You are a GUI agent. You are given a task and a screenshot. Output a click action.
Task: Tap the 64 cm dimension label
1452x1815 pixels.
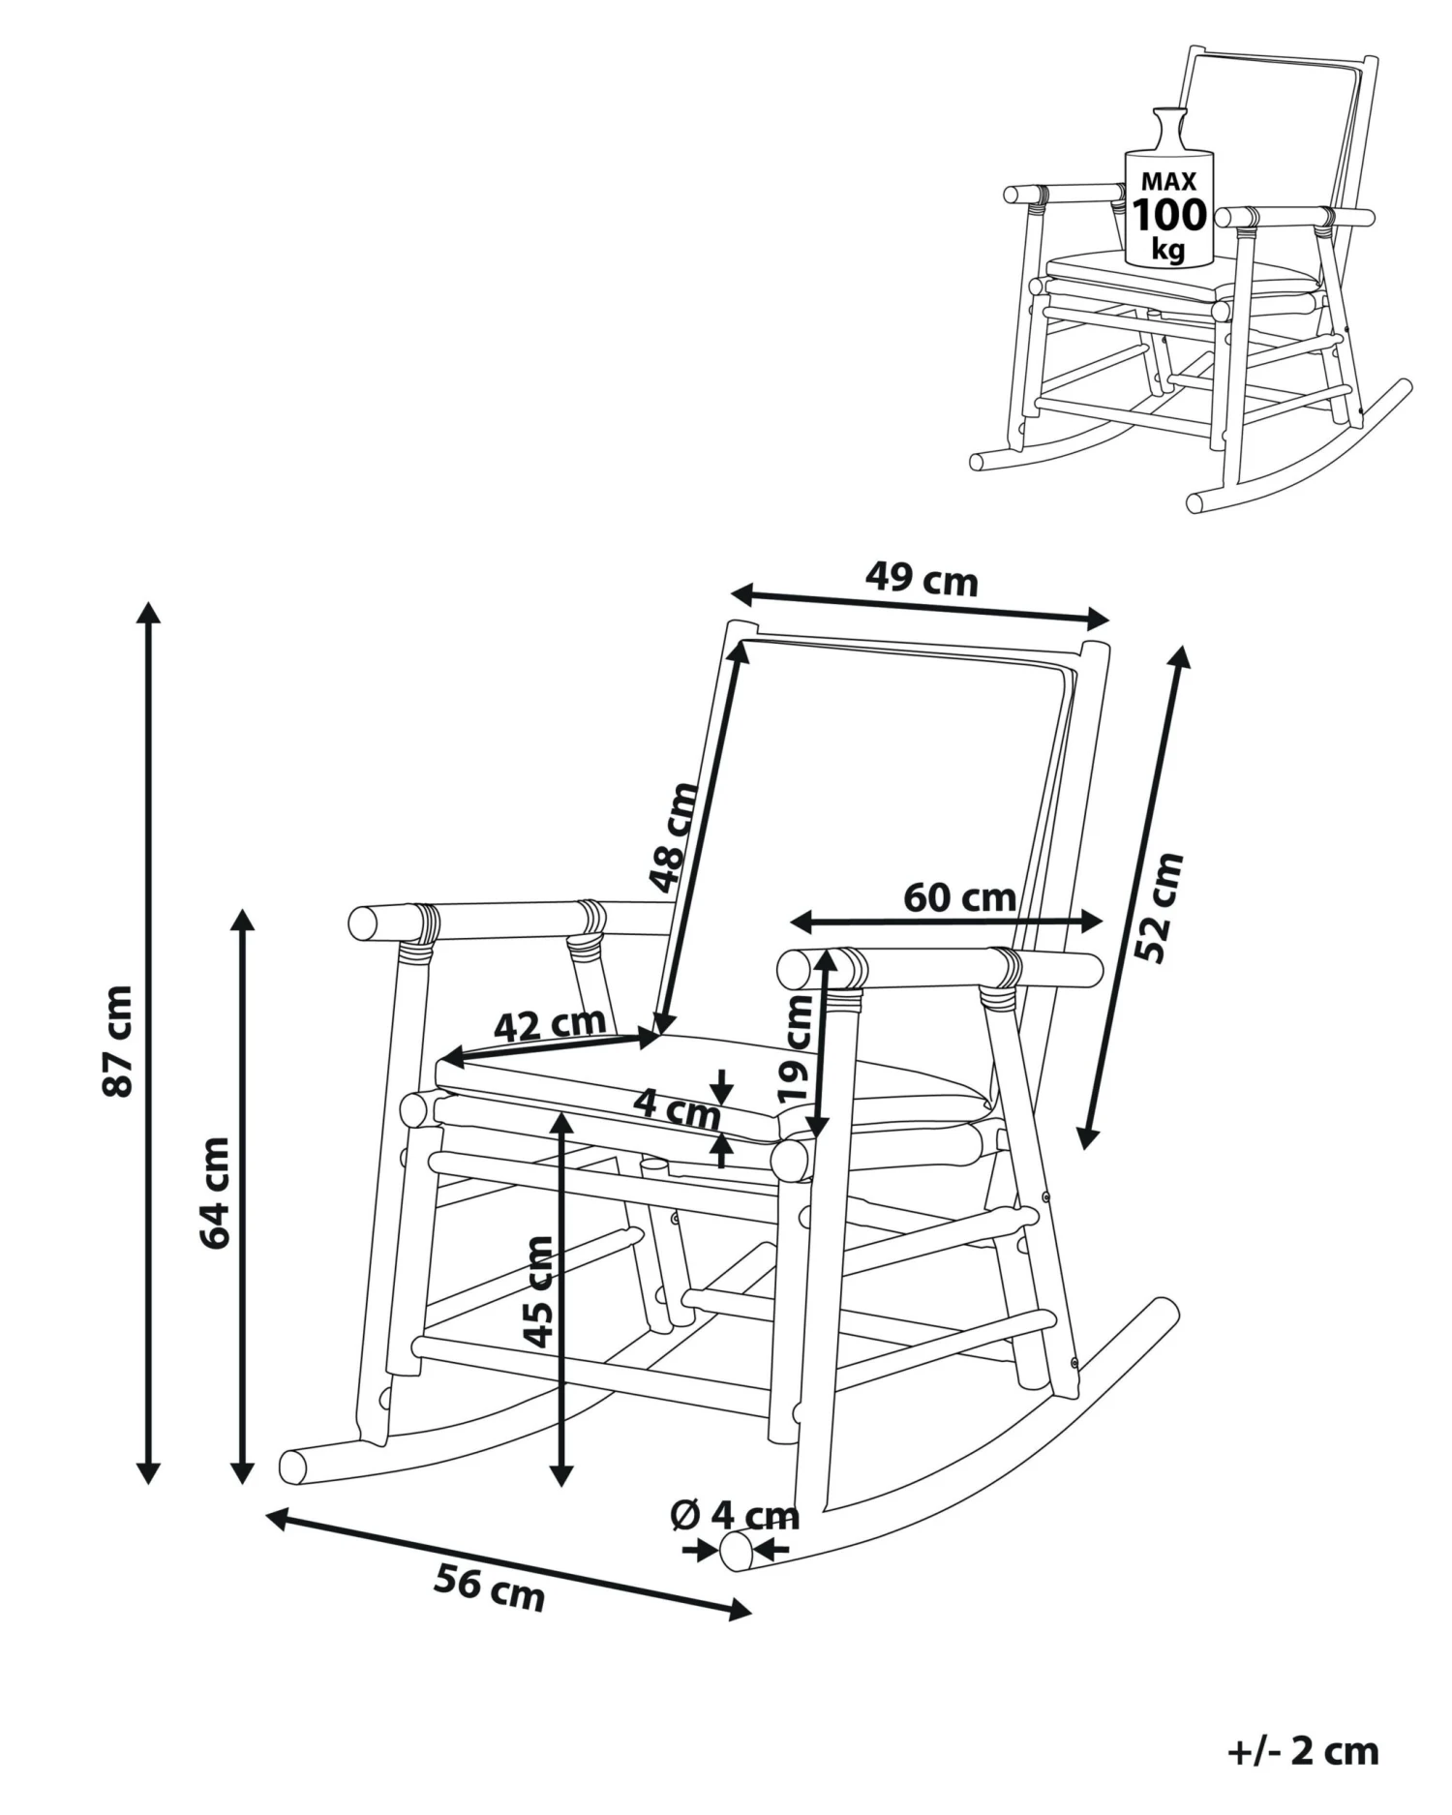pos(215,1193)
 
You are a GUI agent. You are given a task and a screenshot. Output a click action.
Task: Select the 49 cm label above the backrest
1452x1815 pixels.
pos(921,579)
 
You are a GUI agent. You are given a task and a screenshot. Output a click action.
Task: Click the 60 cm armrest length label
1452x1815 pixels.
pos(959,898)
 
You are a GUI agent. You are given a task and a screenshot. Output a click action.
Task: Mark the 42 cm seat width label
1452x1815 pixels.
pos(549,1024)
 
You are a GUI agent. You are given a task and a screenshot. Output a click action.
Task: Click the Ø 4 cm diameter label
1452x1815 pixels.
pos(734,1515)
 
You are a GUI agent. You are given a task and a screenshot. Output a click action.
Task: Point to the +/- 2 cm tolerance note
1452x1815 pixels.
pos(1303,1751)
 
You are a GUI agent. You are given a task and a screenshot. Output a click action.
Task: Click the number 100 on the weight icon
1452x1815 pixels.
pos(1169,214)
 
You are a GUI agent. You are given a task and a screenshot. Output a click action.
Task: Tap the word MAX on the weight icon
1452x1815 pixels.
pos(1168,181)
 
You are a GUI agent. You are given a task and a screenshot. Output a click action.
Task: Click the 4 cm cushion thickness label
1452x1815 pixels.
pos(678,1107)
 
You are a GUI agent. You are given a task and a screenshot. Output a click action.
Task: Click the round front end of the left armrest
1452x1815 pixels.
pos(364,923)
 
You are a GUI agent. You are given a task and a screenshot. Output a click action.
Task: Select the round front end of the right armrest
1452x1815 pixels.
pos(795,968)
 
